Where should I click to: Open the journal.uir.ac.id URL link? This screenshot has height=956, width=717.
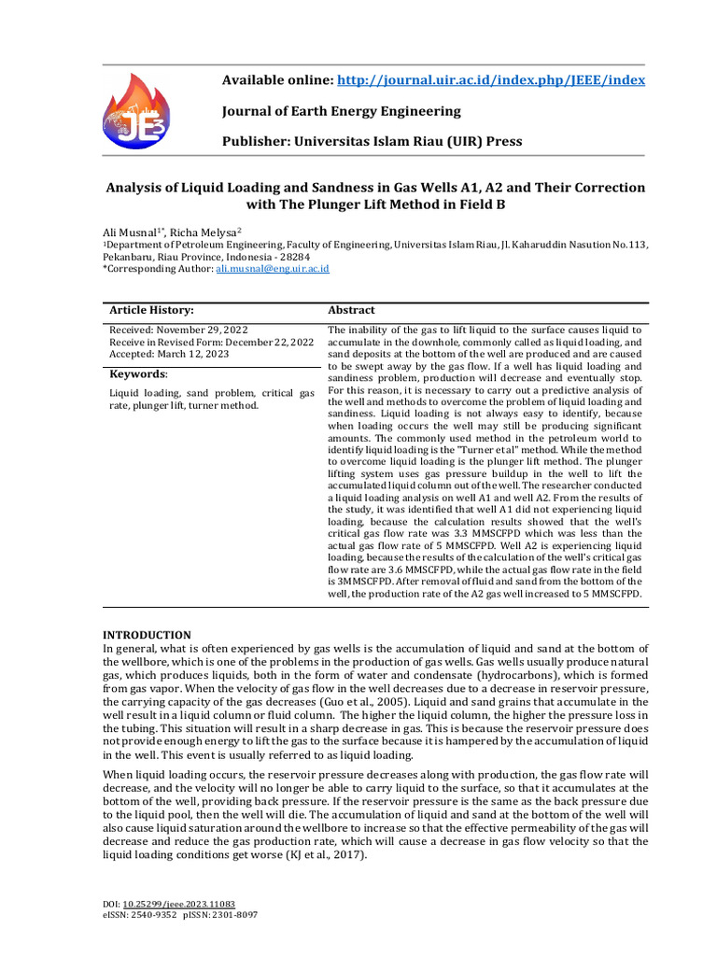489,80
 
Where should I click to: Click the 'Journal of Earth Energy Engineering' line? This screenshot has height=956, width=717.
341,111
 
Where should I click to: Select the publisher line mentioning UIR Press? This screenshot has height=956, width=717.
372,142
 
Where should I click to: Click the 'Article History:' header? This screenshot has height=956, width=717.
151,310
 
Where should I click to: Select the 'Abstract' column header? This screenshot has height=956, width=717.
351,310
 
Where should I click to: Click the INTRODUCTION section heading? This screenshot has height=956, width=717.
147,636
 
